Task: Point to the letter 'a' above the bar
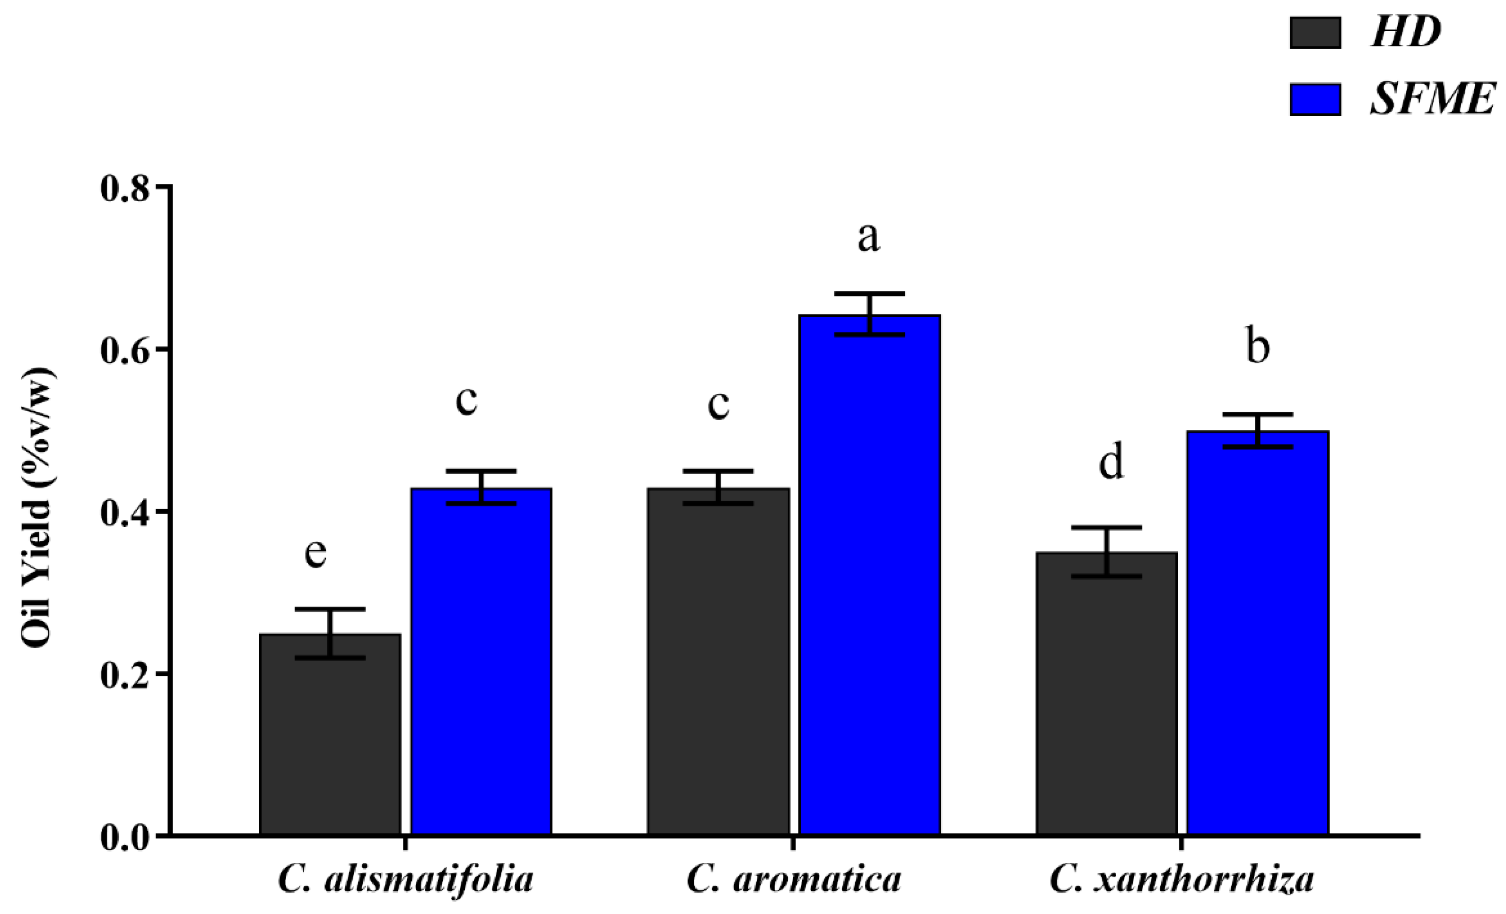click(868, 237)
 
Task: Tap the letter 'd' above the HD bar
click(1111, 462)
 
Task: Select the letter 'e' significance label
click(315, 553)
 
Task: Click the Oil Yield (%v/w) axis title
click(38, 507)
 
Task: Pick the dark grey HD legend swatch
click(1315, 32)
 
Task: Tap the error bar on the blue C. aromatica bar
click(869, 314)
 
